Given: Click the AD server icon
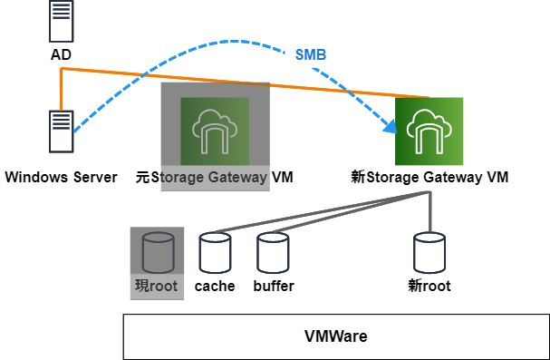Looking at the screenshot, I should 61,23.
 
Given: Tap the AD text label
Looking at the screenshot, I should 61,55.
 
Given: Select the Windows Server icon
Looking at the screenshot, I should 61,133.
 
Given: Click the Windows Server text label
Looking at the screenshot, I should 61,177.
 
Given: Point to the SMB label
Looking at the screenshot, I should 311,54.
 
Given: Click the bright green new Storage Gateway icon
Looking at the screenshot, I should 429,131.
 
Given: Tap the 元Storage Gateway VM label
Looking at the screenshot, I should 214,177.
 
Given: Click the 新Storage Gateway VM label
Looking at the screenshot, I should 429,177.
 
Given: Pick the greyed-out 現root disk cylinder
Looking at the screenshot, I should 157,252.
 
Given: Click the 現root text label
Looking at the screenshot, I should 157,287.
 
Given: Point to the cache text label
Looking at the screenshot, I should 215,287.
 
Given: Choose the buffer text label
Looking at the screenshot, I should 273,287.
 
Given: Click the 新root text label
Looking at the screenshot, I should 429,287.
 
